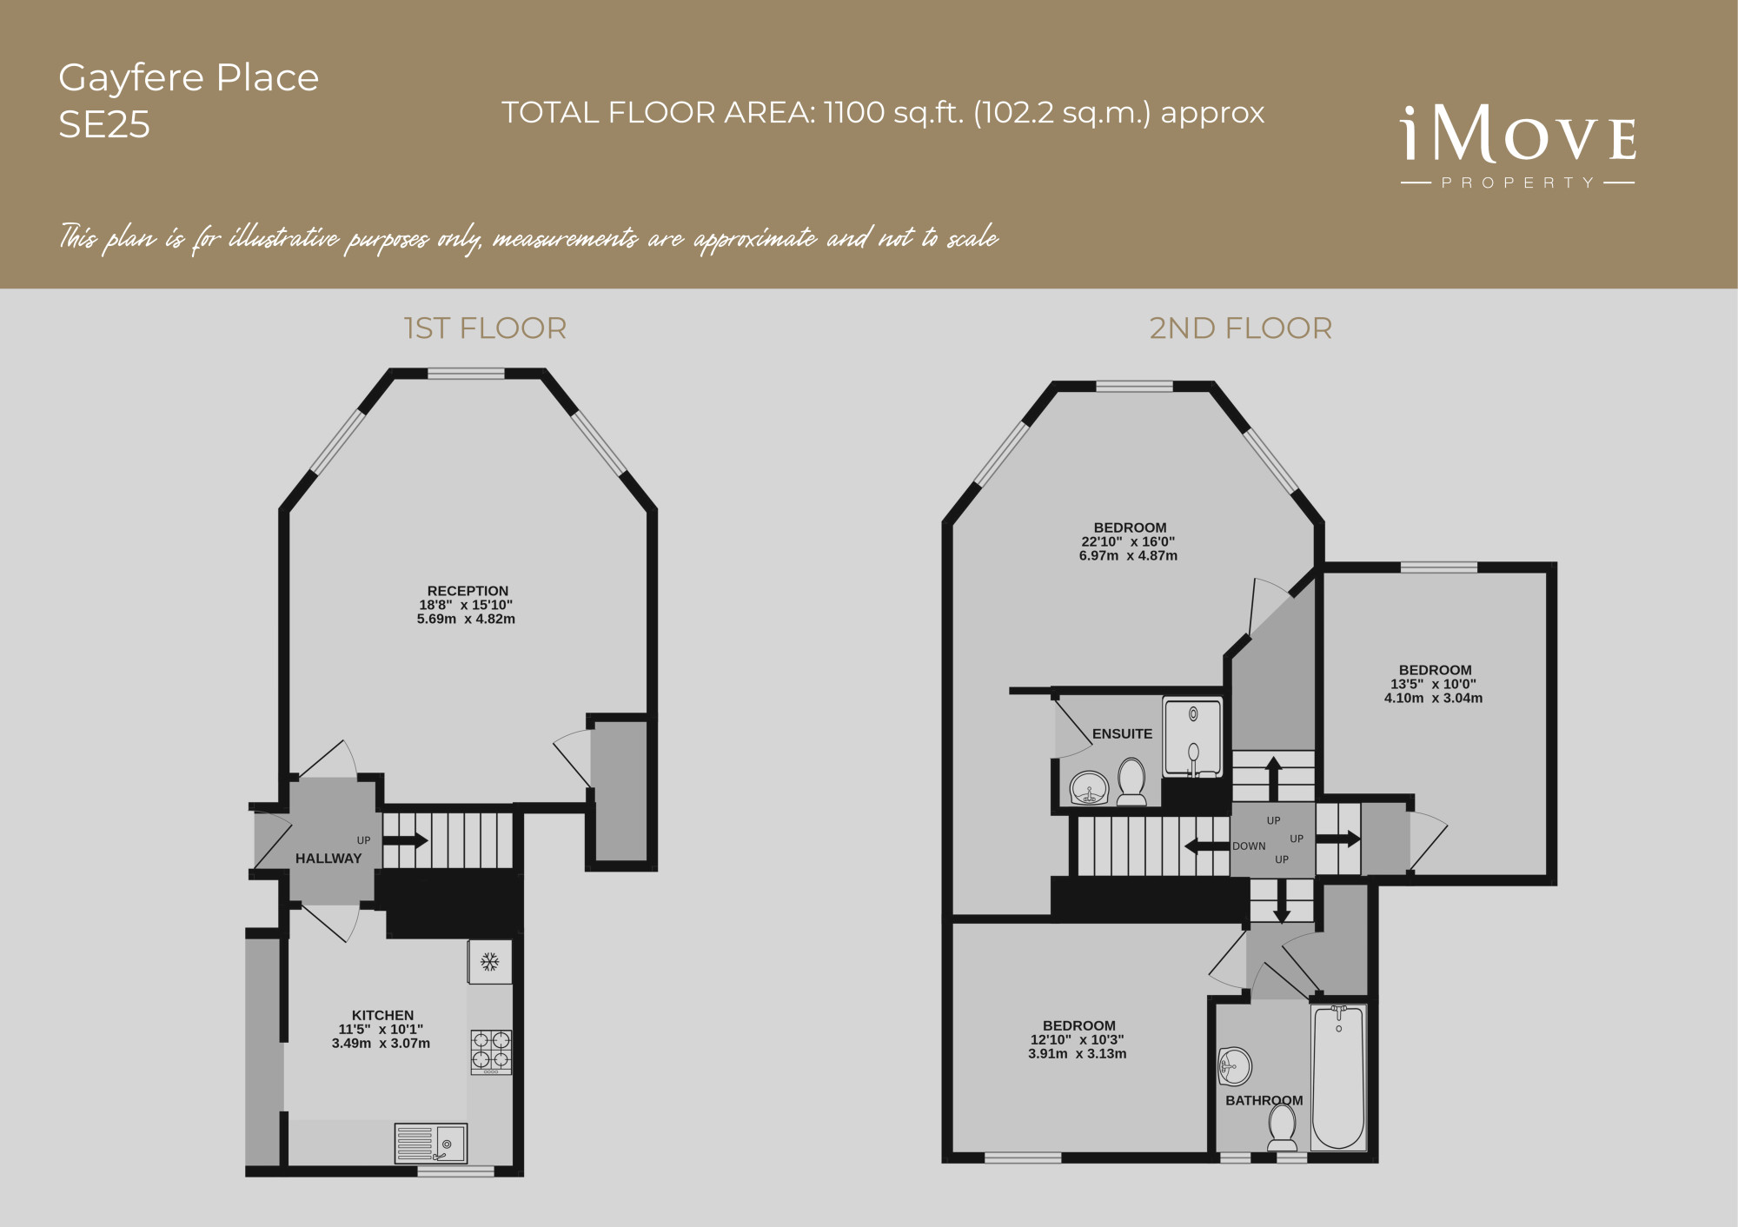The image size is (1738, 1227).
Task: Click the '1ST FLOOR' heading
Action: (485, 328)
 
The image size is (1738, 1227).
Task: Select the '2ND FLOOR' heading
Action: (1240, 328)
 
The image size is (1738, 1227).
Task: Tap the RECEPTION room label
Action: (468, 591)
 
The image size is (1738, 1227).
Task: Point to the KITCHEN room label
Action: (382, 1015)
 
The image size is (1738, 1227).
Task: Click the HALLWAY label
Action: (328, 859)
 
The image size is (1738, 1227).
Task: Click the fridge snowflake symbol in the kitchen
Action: (490, 962)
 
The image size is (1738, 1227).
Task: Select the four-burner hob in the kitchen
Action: (491, 1050)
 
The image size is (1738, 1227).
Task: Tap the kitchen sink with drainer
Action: (431, 1144)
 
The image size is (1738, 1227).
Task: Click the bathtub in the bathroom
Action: (1338, 1078)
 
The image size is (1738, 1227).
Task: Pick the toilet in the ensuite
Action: (1131, 781)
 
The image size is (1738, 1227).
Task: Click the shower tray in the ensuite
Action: (1193, 738)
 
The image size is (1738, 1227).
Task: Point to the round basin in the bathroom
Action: (1235, 1066)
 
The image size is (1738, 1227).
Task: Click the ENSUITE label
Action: (1122, 734)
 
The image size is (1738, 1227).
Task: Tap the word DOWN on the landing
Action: (1249, 846)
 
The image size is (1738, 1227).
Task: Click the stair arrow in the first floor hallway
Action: (405, 840)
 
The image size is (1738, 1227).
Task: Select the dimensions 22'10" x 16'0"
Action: (1128, 541)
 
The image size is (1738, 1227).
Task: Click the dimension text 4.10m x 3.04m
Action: (1434, 698)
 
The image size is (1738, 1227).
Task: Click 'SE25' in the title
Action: (104, 125)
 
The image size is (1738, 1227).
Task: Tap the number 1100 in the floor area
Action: (854, 113)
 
